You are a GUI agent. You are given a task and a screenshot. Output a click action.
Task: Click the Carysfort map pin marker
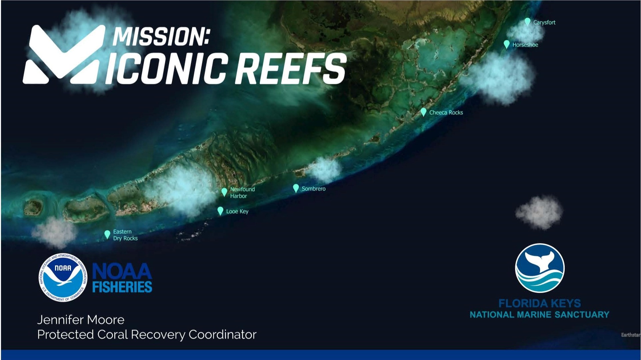527,22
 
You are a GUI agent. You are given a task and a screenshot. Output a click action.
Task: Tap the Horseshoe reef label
525,45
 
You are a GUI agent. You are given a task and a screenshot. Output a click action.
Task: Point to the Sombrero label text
313,189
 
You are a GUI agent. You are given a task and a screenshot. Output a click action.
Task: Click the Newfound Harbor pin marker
224,192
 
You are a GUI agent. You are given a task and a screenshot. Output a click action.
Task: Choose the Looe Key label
237,211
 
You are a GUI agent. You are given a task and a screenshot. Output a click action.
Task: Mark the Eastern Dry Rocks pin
107,234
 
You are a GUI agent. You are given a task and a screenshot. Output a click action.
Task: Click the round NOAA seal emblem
63,278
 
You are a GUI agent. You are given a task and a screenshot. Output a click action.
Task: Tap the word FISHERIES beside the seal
122,287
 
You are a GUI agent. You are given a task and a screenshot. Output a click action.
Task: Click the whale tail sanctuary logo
539,268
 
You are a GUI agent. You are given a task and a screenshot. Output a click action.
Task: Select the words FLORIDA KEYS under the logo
539,303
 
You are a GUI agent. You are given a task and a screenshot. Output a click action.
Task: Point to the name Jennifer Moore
81,320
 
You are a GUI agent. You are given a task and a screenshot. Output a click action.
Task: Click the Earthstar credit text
631,335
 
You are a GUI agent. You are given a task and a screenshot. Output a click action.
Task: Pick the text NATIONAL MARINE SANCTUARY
539,314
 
